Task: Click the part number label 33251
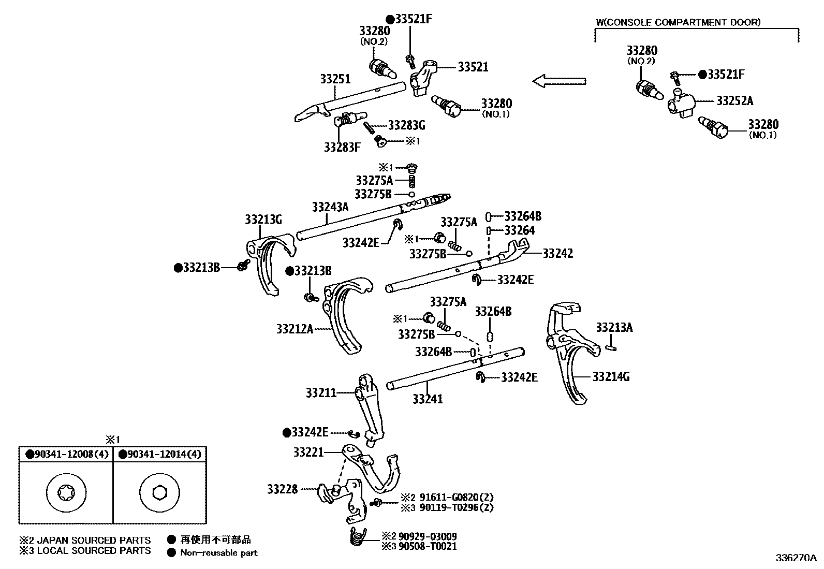335,79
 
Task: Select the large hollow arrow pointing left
559,81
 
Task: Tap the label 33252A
734,101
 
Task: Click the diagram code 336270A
796,558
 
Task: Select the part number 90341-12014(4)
160,455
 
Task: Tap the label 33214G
611,377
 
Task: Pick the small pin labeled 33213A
611,343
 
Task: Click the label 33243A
330,208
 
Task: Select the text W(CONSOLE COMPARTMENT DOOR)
678,22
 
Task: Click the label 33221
308,452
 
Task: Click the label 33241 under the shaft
428,399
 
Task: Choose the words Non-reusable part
218,552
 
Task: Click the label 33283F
342,147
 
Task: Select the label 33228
283,489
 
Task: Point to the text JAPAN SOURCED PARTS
93,541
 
